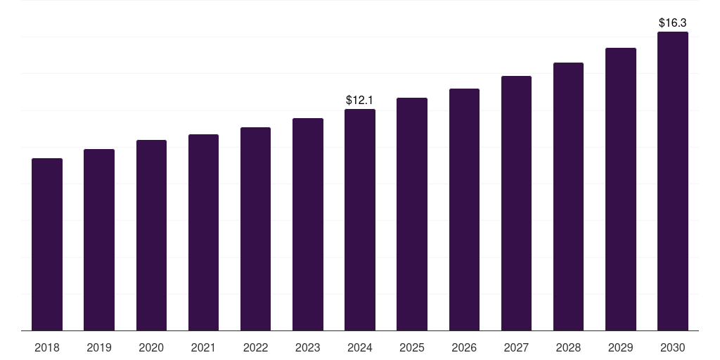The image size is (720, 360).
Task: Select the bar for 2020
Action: click(x=151, y=236)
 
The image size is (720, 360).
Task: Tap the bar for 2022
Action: click(x=255, y=229)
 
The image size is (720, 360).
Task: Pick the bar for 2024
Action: click(x=360, y=220)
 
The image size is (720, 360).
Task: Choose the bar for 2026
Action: click(x=464, y=210)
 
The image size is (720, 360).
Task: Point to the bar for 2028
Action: click(x=568, y=197)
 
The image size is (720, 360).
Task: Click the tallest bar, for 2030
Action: click(x=673, y=181)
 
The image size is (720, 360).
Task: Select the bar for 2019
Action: click(x=99, y=240)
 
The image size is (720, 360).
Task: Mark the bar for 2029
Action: click(x=621, y=189)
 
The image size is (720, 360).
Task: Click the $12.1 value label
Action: click(x=360, y=101)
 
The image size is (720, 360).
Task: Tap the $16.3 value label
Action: click(x=673, y=23)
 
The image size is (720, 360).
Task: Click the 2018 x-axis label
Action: click(x=47, y=347)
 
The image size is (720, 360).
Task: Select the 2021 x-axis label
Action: click(x=203, y=347)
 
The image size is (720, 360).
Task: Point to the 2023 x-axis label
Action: click(x=308, y=347)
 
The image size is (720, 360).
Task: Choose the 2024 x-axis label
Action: click(x=360, y=347)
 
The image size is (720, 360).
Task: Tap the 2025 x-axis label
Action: click(x=412, y=347)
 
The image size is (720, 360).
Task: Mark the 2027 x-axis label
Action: click(x=516, y=347)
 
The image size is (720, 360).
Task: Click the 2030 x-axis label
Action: click(x=673, y=347)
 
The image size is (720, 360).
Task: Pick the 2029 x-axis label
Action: click(x=621, y=347)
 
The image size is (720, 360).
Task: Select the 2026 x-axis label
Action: click(x=464, y=347)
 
